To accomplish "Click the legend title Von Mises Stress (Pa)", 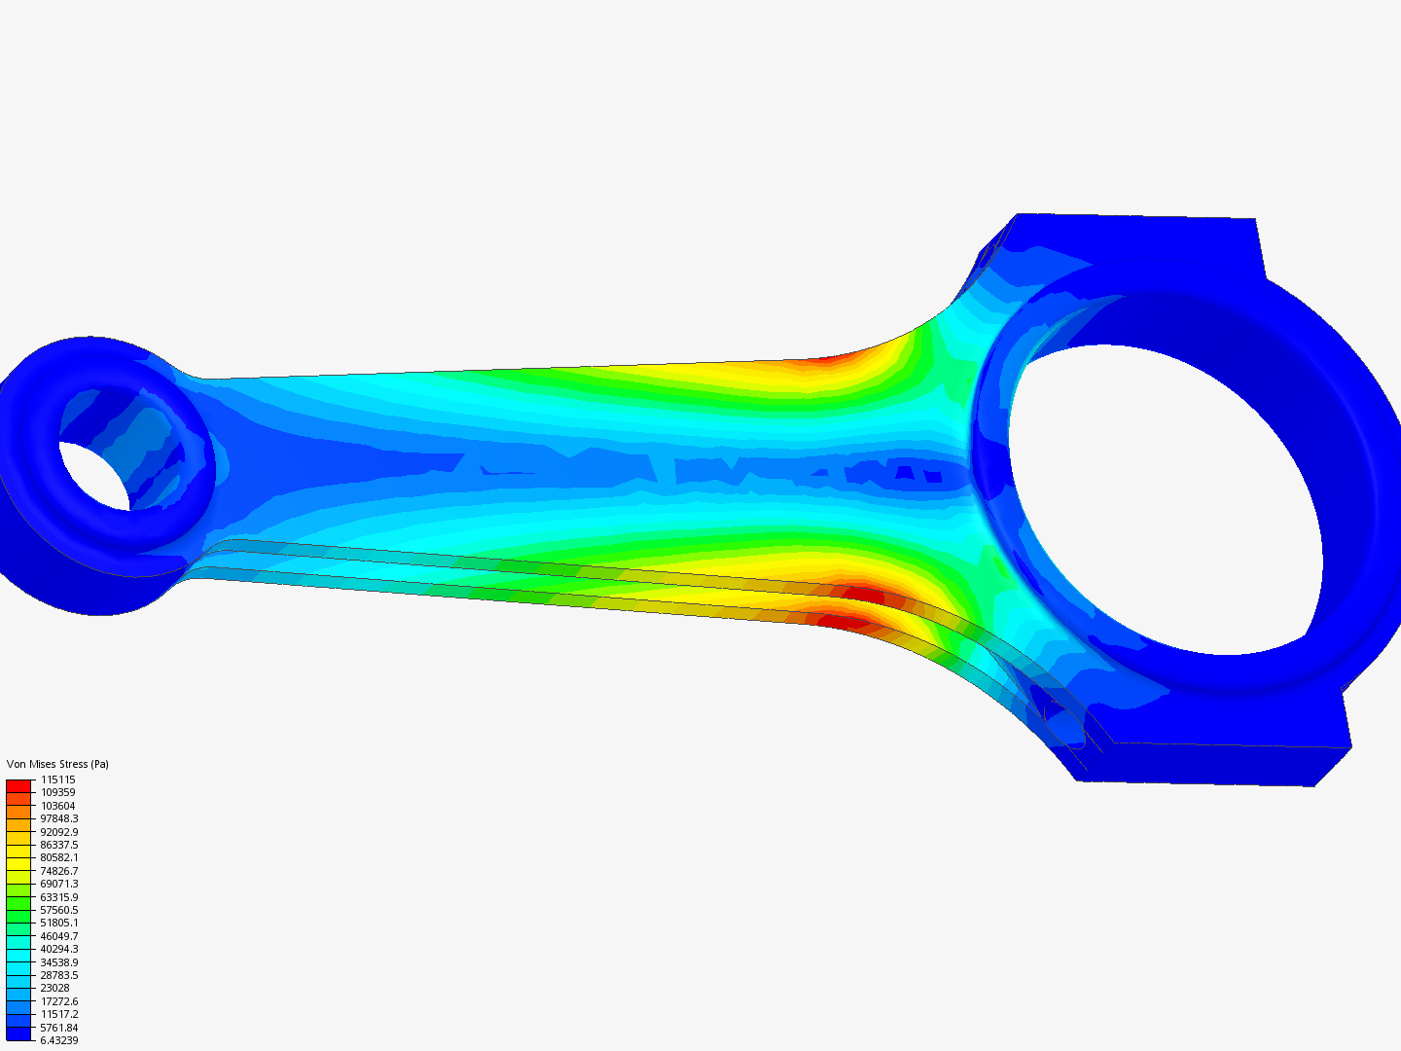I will point(57,764).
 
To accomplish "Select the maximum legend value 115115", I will point(57,779).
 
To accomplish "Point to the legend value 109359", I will point(57,792).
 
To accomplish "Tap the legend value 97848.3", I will point(58,818).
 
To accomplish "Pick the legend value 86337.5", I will point(58,845).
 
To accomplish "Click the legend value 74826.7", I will point(58,871).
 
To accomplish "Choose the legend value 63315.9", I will point(58,897).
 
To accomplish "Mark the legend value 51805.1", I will point(58,923).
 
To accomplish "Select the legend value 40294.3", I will point(58,949).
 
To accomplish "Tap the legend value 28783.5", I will point(58,975).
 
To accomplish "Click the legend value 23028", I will point(54,988).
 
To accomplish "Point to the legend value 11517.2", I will point(58,1014).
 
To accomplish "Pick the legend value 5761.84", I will point(58,1028).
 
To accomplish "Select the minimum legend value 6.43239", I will point(58,1040).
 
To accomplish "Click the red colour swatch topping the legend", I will point(18,784).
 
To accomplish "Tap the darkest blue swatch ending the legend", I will point(18,1033).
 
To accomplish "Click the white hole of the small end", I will point(92,475).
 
